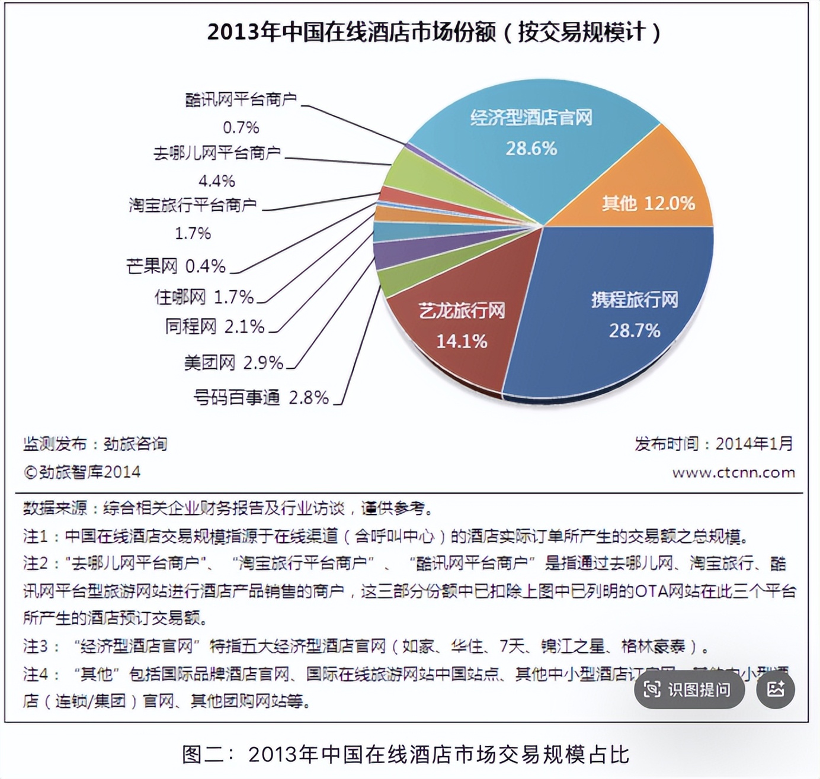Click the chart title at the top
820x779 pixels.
tap(434, 32)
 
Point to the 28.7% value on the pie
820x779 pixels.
tap(635, 330)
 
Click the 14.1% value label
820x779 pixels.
tap(462, 341)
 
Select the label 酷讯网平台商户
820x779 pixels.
tap(241, 99)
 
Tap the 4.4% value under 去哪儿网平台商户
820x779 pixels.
tap(216, 181)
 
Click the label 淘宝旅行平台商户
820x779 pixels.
tap(193, 205)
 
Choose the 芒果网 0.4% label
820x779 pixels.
tap(176, 266)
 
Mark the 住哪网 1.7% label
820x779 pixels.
tap(204, 297)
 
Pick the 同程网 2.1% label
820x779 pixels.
tap(214, 326)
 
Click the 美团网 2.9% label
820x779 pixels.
tap(233, 362)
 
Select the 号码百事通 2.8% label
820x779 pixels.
tap(261, 397)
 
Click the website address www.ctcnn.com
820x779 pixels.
tap(733, 472)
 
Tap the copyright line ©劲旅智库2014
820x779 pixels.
tap(82, 472)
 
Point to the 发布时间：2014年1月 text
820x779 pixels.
tap(713, 443)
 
